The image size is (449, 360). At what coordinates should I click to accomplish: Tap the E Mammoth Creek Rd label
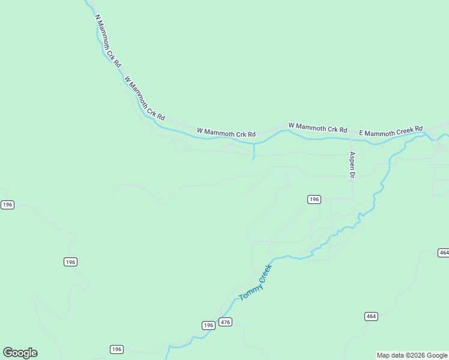(391, 131)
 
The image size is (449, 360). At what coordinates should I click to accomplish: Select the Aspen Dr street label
(352, 164)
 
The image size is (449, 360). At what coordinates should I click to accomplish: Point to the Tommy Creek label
(256, 283)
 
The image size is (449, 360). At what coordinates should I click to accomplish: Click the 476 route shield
(225, 322)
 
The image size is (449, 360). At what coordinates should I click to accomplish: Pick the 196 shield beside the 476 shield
(208, 325)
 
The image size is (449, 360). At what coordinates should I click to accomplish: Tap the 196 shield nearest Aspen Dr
(314, 199)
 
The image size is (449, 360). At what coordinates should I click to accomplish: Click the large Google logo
(20, 353)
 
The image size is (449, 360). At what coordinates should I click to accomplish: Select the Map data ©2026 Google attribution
(412, 355)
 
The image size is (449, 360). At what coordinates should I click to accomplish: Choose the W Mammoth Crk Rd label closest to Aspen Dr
(318, 128)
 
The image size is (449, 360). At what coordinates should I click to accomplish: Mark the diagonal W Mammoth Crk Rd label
(144, 98)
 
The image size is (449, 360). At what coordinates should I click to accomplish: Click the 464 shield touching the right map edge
(444, 253)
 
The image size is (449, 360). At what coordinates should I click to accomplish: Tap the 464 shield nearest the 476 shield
(371, 316)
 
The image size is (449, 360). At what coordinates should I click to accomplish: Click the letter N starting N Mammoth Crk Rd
(97, 18)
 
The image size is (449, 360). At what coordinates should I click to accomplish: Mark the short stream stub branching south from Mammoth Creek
(254, 152)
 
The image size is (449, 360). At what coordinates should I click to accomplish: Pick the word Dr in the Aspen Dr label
(352, 174)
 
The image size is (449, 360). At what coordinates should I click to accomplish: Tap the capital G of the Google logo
(8, 353)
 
